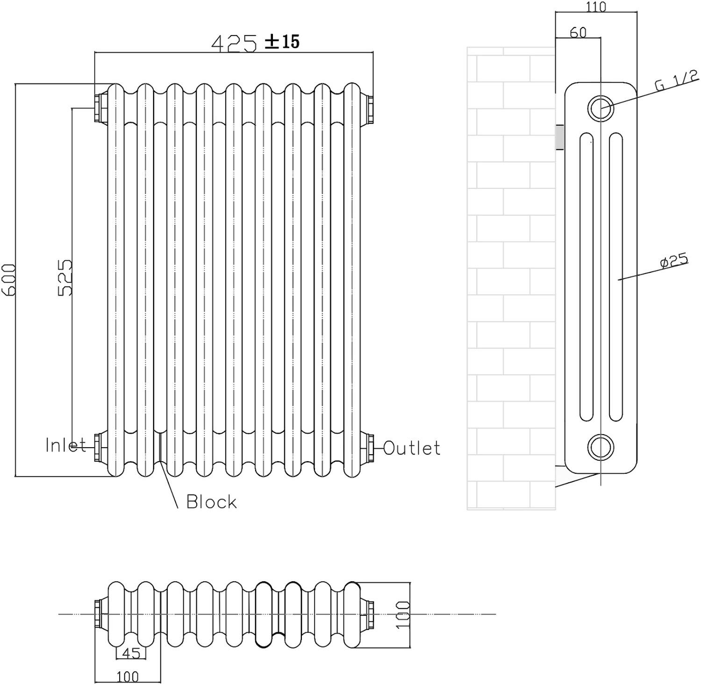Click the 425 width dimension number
tap(234, 43)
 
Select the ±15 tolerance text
tap(282, 42)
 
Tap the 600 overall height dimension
tap(9, 279)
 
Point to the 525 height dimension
tap(65, 278)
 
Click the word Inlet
tap(66, 445)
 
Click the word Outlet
tap(412, 448)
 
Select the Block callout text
tap(211, 502)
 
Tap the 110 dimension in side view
tap(595, 7)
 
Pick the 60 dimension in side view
tap(578, 32)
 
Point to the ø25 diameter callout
tap(674, 261)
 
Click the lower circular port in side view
tap(600, 447)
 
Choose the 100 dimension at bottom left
tap(128, 676)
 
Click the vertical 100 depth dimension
tap(403, 614)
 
